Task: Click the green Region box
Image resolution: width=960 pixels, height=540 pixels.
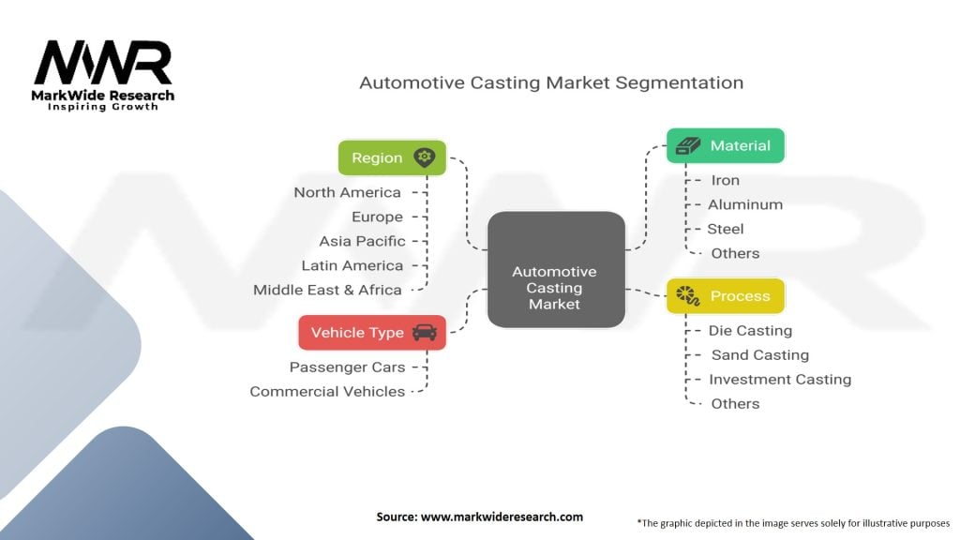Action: [x=392, y=157]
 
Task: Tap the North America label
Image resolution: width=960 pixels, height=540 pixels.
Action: [x=347, y=192]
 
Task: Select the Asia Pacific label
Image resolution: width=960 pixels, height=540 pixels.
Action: [x=362, y=241]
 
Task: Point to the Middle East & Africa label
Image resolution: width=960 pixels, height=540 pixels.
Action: [x=327, y=290]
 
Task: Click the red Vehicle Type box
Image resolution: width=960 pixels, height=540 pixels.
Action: [x=371, y=333]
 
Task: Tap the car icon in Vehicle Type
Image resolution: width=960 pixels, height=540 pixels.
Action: [x=424, y=333]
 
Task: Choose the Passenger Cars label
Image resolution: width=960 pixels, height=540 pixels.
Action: [x=347, y=367]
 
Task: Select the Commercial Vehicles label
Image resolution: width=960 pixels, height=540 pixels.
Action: [x=327, y=391]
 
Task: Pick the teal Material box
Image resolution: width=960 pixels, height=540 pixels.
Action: [x=725, y=145]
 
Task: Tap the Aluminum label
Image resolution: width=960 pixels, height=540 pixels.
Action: [x=745, y=204]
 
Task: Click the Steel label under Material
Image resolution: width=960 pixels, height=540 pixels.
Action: [x=726, y=229]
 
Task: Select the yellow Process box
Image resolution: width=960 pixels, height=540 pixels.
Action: [x=725, y=296]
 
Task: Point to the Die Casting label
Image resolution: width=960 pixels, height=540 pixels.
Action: [x=750, y=330]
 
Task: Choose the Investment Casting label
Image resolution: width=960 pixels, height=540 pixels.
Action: [x=780, y=379]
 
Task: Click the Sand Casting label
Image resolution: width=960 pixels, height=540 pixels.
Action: [x=759, y=354]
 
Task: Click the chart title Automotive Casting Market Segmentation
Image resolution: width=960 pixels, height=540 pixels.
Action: [x=551, y=82]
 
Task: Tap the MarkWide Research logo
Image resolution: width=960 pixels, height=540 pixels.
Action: [x=103, y=75]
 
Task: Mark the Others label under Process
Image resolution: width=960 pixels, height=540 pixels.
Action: [x=735, y=403]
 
